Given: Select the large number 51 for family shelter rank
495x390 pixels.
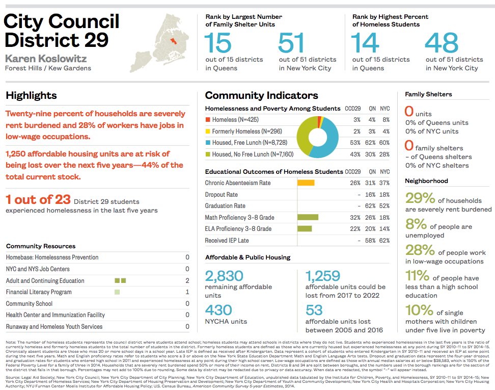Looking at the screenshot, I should pyautogui.click(x=291, y=43).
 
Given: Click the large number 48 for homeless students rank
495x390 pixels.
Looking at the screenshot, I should pyautogui.click(x=439, y=43).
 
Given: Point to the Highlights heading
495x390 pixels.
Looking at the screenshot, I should pyautogui.click(x=31, y=95).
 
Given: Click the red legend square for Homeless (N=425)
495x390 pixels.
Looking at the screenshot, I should pyautogui.click(x=207, y=120).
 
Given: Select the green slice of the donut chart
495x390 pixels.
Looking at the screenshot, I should pyautogui.click(x=304, y=138).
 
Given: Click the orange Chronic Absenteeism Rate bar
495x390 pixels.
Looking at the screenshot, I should pyautogui.click(x=306, y=183).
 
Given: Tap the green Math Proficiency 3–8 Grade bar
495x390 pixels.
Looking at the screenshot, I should pyautogui.click(x=308, y=217).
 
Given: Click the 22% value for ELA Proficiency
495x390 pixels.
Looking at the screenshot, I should pyautogui.click(x=355, y=229).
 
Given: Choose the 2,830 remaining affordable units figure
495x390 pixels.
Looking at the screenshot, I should pyautogui.click(x=224, y=276).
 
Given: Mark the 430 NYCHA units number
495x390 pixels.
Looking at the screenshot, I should pyautogui.click(x=218, y=310).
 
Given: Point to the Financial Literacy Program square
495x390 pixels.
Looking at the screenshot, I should pyautogui.click(x=117, y=292).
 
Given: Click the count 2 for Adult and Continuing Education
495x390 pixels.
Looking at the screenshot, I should pyautogui.click(x=187, y=281).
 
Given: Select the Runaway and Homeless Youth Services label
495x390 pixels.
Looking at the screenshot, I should pyautogui.click(x=54, y=327).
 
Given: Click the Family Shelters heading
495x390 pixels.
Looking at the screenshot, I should pyautogui.click(x=428, y=94).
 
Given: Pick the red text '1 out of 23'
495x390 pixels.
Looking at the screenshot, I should pyautogui.click(x=37, y=199).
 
